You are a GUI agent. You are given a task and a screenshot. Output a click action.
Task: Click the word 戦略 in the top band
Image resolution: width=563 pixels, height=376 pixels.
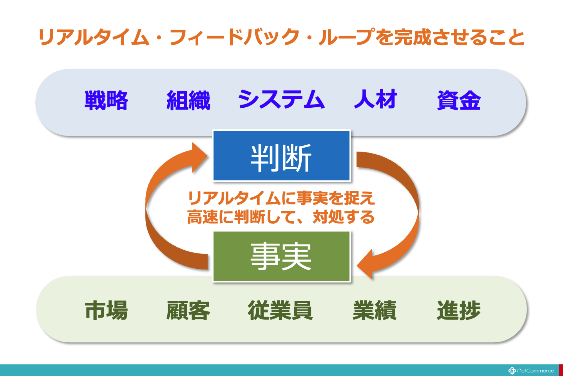click(106, 100)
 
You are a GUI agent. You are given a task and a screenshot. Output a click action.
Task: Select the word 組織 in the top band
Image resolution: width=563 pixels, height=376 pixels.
click(188, 100)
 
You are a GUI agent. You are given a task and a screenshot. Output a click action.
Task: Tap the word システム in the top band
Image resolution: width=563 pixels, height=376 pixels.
click(281, 99)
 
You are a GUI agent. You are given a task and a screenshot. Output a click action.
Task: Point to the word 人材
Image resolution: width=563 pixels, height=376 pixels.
click(375, 99)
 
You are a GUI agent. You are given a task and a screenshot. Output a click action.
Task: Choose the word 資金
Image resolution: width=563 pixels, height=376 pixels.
click(459, 100)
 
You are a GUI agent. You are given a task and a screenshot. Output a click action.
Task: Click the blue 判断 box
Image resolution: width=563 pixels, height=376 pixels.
click(281, 155)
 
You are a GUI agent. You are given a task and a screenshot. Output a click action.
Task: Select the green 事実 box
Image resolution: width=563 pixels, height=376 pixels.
click(281, 257)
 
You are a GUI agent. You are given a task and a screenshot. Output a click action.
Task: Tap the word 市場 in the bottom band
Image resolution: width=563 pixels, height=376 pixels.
click(106, 310)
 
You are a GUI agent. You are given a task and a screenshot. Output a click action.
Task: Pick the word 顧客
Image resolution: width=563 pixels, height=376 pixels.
click(188, 310)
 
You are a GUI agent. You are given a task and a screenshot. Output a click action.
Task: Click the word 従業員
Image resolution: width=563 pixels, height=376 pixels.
click(280, 310)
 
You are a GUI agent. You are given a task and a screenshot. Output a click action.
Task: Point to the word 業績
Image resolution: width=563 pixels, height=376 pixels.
click(375, 310)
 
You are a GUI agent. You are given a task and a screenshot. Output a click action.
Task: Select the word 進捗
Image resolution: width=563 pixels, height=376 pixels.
click(459, 310)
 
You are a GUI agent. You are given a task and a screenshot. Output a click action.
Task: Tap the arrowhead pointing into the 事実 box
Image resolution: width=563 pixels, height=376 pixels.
click(365, 264)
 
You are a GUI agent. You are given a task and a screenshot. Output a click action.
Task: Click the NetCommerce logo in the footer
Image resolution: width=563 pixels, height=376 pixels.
click(531, 371)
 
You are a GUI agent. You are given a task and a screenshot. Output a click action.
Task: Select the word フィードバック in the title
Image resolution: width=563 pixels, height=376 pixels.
click(235, 37)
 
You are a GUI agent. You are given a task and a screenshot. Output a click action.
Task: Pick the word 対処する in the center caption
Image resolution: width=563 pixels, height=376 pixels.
click(344, 217)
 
